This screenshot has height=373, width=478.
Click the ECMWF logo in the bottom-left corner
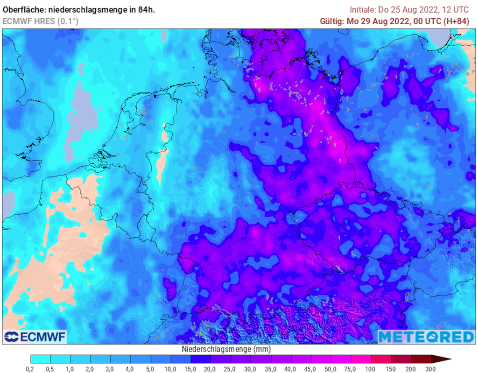[35, 337]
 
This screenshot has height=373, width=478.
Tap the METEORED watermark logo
[426, 337]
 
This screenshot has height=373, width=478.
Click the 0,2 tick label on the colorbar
[31, 369]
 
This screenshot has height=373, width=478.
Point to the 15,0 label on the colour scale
[191, 369]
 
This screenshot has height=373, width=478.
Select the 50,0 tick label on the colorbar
[331, 369]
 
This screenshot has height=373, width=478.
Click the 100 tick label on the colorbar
[371, 369]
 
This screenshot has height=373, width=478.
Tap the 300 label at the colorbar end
[431, 369]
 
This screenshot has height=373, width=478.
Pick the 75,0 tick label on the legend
[351, 369]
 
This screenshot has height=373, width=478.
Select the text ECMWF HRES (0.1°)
[41, 21]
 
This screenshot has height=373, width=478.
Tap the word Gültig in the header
[331, 21]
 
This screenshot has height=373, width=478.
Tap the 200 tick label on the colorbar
[411, 369]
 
